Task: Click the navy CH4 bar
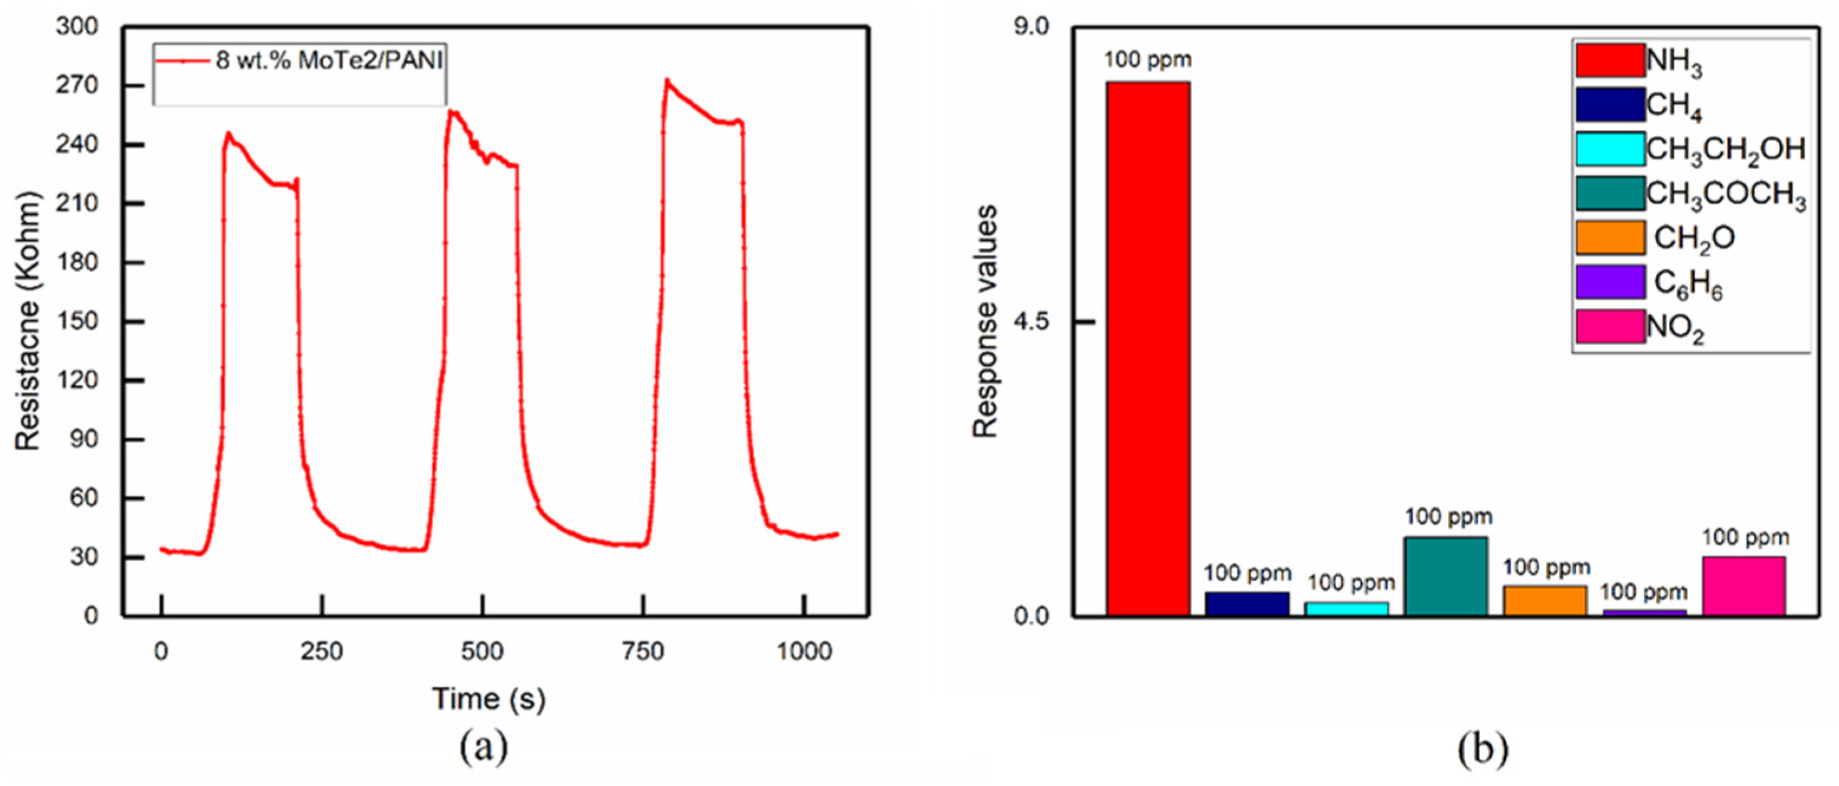[1247, 603]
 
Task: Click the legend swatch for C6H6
[1611, 282]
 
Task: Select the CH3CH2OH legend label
[1726, 149]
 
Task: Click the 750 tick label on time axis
[643, 651]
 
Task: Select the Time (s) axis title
[488, 699]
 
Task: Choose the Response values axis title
[986, 321]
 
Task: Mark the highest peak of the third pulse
[667, 79]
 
